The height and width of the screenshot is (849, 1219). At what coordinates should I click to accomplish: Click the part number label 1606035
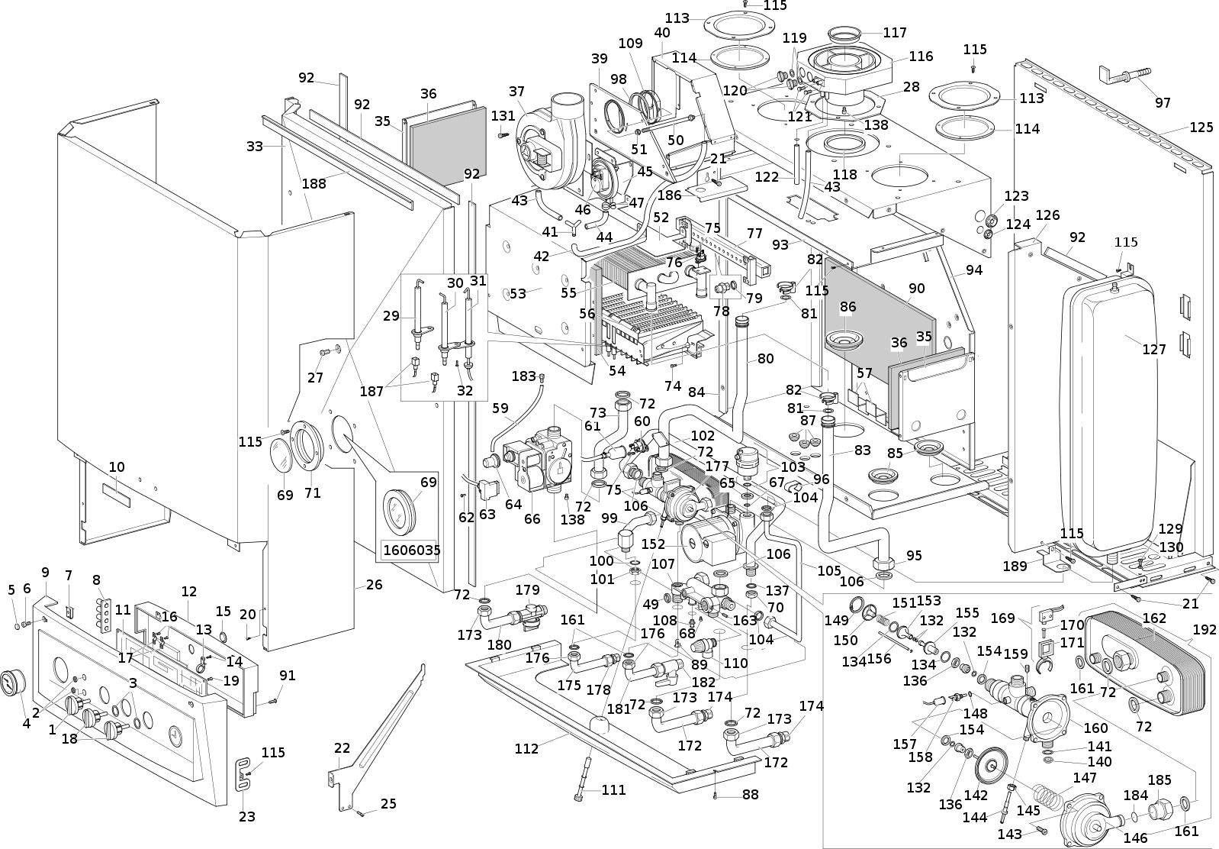coord(412,550)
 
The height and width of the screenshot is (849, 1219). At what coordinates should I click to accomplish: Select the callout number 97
coord(1163,103)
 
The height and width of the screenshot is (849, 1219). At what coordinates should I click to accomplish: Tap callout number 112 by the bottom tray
coord(526,748)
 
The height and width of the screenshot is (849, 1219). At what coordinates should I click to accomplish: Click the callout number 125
coord(1201,128)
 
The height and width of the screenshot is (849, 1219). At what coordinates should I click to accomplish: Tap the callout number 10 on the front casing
coord(117,467)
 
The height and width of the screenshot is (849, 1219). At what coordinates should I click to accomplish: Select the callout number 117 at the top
coord(895,33)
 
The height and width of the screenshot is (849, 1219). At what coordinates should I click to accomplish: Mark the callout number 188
coord(314,183)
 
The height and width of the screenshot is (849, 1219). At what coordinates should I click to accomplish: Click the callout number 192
coord(1205,631)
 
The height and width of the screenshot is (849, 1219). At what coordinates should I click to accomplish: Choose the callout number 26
coord(374,585)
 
